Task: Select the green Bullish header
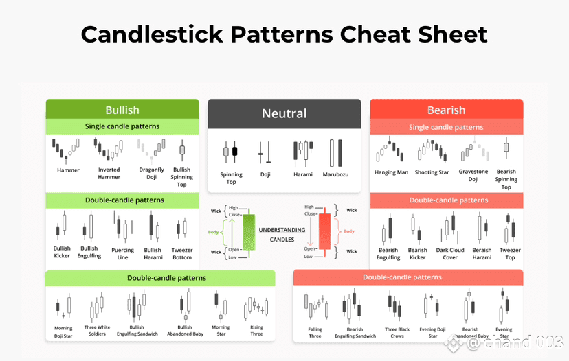tap(122, 109)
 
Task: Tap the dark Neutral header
tap(284, 113)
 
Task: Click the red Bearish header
tap(447, 109)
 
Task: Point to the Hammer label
tap(68, 170)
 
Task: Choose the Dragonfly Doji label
tap(151, 173)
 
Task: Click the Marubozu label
tap(335, 174)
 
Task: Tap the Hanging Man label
tap(391, 172)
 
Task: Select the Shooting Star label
tap(432, 172)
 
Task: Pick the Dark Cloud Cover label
tap(450, 254)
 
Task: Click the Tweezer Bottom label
tap(182, 254)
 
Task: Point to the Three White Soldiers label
tap(98, 331)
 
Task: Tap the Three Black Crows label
tap(397, 333)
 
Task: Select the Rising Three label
tap(256, 331)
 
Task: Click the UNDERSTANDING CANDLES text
tap(282, 235)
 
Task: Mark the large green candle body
tap(249, 233)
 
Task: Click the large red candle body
tap(325, 231)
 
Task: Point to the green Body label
tap(213, 232)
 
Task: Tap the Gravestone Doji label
tap(473, 176)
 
